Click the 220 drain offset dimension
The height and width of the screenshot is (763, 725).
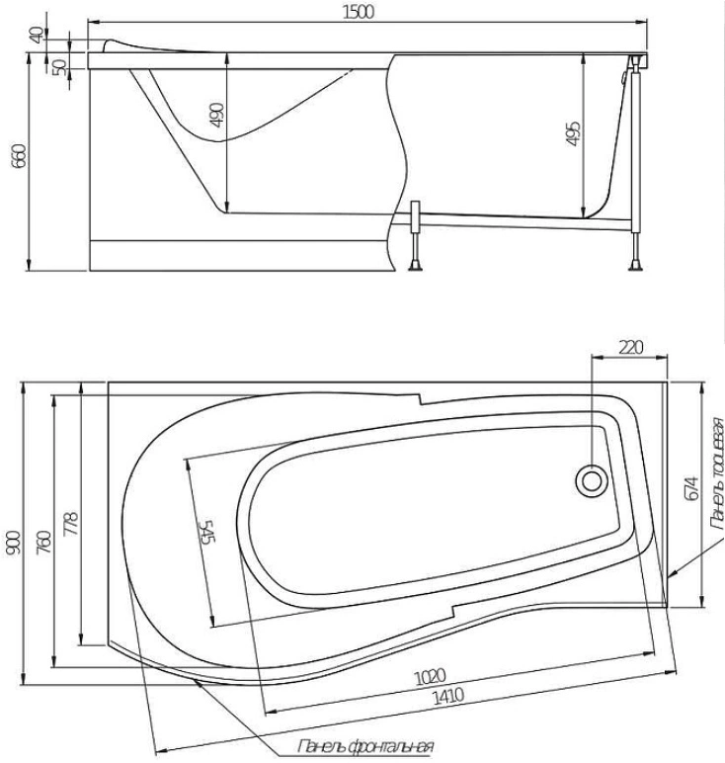pos(629,347)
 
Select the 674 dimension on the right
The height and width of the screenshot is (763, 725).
pos(691,488)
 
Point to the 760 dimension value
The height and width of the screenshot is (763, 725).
pos(44,543)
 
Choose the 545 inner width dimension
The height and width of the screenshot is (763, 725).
pos(206,535)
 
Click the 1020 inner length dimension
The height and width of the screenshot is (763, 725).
pos(426,677)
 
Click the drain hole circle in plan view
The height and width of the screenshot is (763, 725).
pos(592,481)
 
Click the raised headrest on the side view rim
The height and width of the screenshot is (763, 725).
pos(133,45)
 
